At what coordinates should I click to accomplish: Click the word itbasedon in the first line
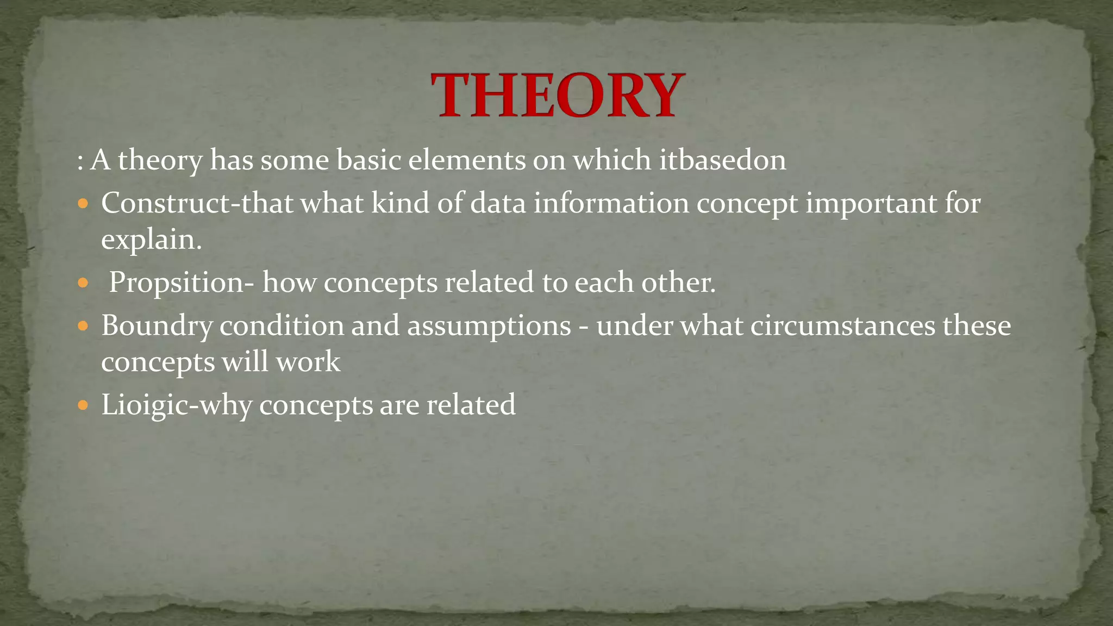click(722, 160)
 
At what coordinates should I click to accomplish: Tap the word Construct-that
click(197, 204)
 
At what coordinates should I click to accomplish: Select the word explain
click(151, 240)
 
